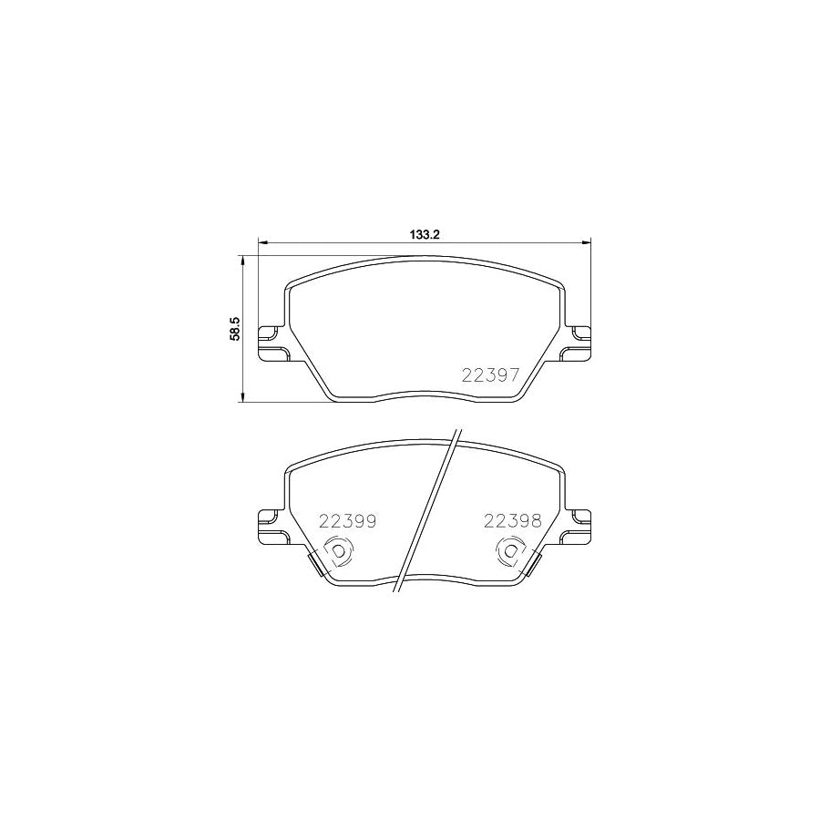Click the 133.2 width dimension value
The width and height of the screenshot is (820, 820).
coord(425,234)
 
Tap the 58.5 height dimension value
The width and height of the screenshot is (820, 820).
coord(234,328)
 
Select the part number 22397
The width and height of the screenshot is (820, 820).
coord(490,375)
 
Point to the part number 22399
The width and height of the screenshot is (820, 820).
coord(347,521)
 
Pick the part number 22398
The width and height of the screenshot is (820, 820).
coord(513,521)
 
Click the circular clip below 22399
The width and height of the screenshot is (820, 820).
coord(338,552)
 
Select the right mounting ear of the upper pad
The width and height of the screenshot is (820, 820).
coord(579,343)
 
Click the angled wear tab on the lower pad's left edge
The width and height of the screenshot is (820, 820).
coord(318,564)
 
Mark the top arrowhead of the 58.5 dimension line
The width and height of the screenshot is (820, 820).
coord(242,261)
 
